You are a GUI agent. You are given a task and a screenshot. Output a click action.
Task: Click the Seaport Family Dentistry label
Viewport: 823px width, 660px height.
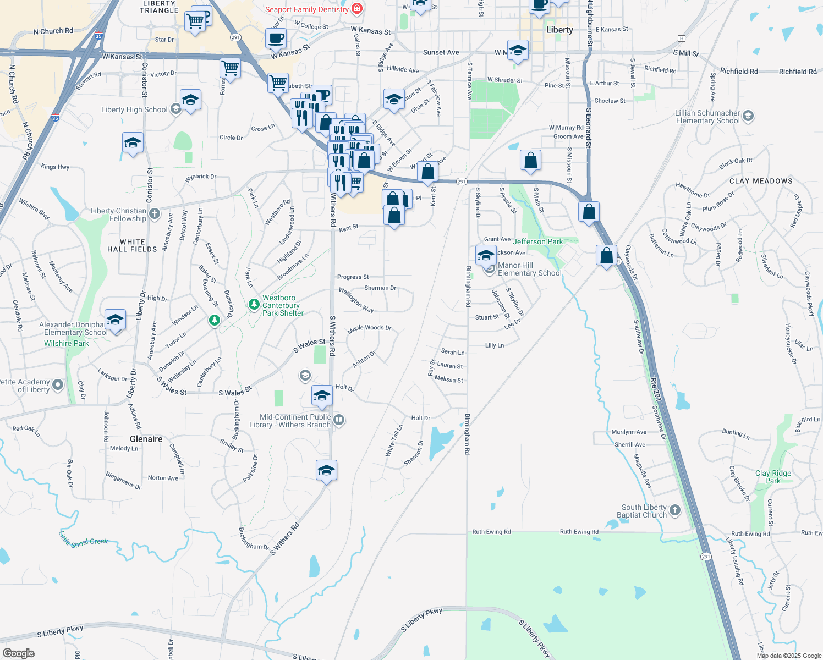click(x=306, y=9)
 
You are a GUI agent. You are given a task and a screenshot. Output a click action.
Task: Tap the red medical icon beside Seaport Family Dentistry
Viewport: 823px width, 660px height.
click(x=357, y=8)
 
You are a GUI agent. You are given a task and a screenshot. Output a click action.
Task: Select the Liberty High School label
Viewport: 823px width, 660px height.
click(x=134, y=109)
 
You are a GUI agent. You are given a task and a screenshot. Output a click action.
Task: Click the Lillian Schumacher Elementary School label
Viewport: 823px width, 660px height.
click(x=707, y=117)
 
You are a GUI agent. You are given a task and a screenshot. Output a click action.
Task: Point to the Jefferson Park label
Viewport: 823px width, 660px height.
click(x=537, y=241)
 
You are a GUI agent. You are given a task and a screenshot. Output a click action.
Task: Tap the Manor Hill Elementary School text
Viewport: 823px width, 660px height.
click(x=529, y=269)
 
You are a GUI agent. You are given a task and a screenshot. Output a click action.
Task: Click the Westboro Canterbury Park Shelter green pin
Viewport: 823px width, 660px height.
click(x=254, y=304)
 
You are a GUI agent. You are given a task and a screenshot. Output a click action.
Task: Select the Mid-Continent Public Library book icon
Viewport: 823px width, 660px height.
click(x=339, y=421)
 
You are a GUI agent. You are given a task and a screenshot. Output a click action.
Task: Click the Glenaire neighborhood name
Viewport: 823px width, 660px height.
click(x=146, y=439)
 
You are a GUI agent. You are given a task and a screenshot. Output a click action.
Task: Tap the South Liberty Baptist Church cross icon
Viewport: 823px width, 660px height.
click(x=675, y=510)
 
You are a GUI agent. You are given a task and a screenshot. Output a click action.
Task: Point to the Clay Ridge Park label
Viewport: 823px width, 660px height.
click(x=773, y=477)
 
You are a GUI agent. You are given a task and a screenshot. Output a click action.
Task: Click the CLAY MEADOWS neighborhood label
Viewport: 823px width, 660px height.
click(x=761, y=181)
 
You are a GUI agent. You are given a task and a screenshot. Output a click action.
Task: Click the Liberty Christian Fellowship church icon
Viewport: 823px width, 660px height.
click(x=155, y=213)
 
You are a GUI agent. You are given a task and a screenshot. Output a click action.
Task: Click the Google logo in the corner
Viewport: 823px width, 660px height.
click(x=19, y=653)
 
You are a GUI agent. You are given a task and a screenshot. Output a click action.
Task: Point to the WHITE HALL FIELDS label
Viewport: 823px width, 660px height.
click(x=132, y=245)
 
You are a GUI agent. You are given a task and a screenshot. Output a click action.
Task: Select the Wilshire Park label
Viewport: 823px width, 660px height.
click(x=67, y=343)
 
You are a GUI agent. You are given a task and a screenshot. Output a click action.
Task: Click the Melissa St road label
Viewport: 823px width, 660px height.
click(x=448, y=380)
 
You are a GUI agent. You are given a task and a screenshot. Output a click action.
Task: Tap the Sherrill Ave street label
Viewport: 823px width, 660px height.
click(x=629, y=444)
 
